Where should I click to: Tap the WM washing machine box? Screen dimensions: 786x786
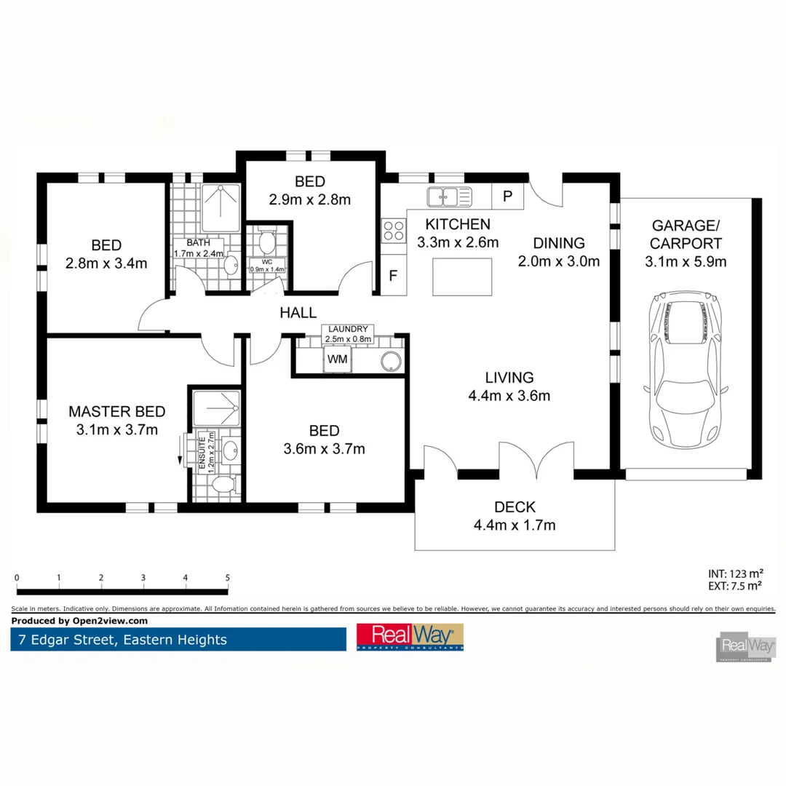(336, 360)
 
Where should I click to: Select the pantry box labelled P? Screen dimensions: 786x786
(508, 196)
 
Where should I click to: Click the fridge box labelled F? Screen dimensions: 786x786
(393, 276)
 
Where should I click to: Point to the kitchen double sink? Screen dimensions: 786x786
(449, 196)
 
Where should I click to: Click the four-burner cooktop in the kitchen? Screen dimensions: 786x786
(393, 231)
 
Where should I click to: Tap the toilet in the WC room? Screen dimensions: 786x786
(266, 239)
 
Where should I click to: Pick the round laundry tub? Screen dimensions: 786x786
(392, 361)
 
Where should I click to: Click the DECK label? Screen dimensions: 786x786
(515, 507)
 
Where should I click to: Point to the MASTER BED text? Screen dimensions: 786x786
(116, 411)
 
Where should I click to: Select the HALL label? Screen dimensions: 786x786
(298, 313)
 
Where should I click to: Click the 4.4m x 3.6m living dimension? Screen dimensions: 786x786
(509, 397)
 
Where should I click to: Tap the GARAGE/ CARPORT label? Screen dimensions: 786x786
(686, 234)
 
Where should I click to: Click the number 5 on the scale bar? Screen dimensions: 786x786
(228, 578)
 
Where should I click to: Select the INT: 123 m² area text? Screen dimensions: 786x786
(735, 573)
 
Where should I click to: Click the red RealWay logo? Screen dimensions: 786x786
(410, 637)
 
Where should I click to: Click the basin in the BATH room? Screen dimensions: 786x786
(231, 266)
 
